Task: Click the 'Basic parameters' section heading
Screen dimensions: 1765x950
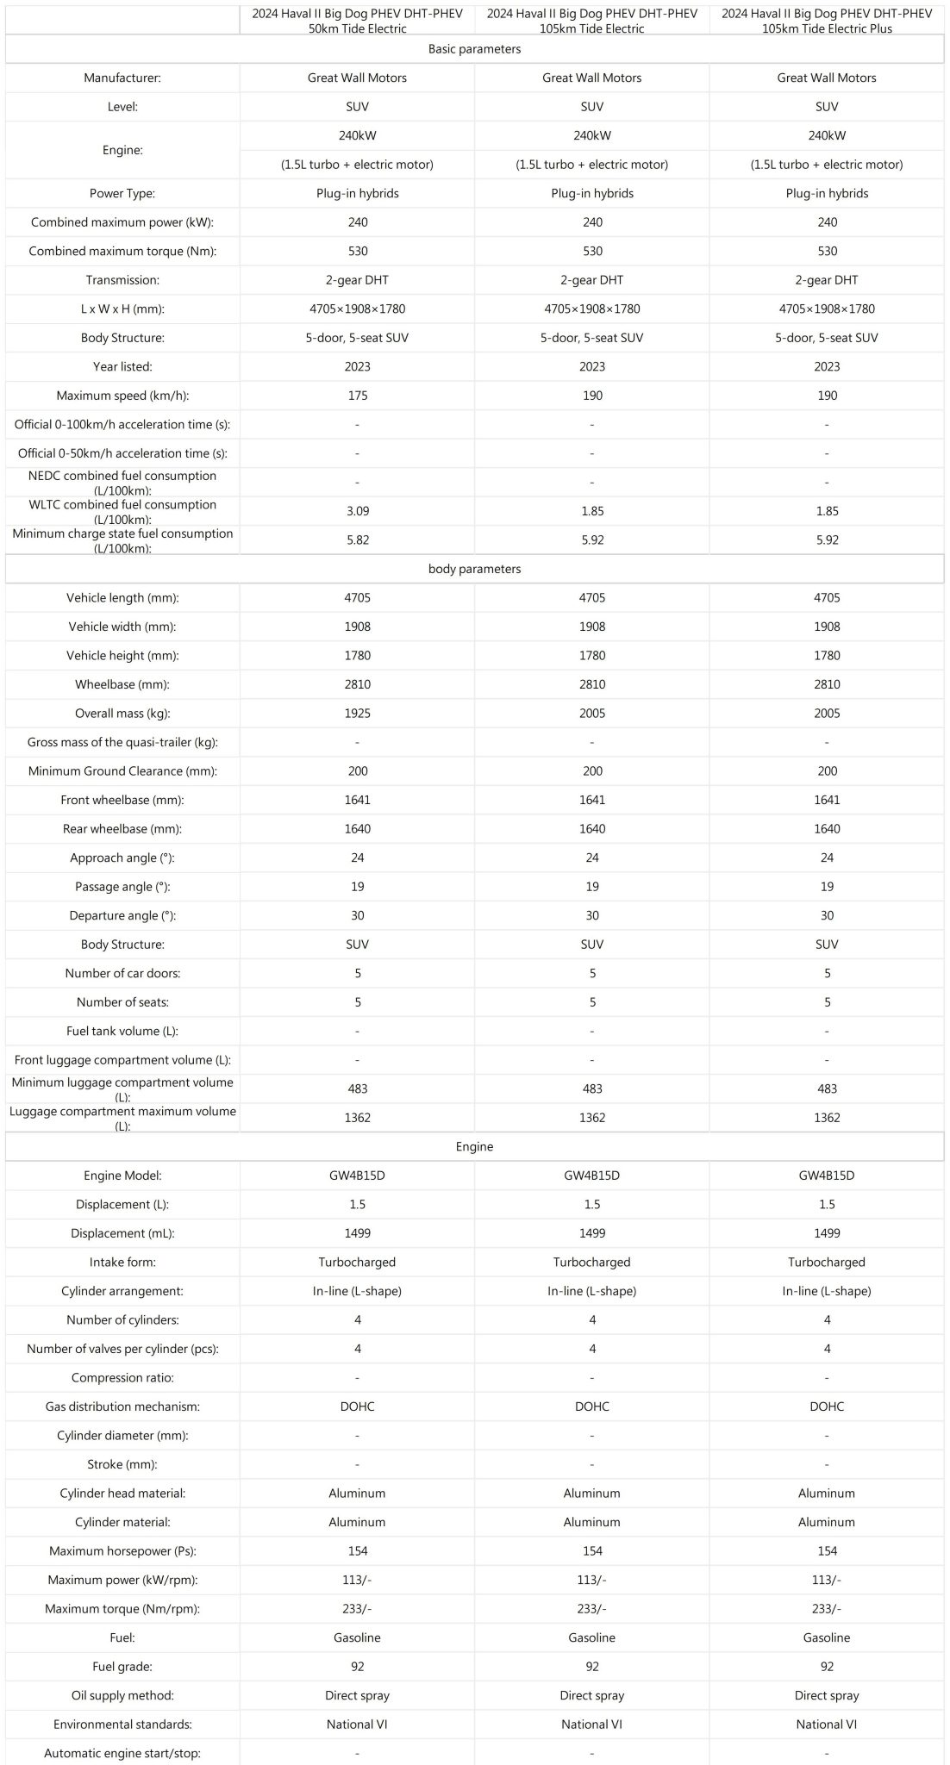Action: click(474, 49)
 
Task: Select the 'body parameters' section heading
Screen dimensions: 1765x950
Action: click(474, 569)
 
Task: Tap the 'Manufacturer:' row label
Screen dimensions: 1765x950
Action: click(122, 78)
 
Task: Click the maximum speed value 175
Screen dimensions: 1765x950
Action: click(358, 396)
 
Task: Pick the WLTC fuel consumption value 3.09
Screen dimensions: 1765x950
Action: click(358, 511)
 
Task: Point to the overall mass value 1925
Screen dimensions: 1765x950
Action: click(358, 714)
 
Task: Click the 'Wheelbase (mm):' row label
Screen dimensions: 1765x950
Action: click(122, 684)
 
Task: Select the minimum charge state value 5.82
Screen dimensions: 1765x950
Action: click(358, 540)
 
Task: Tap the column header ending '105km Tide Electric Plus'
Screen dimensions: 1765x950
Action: click(827, 21)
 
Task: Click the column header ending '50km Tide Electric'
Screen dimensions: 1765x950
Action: click(358, 21)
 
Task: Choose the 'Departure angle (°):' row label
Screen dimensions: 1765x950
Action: click(122, 915)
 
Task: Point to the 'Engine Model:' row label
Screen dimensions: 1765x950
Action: click(122, 1176)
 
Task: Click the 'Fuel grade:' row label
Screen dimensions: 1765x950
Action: click(122, 1667)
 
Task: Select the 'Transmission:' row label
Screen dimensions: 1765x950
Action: click(122, 280)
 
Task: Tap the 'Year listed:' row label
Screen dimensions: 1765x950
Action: click(122, 366)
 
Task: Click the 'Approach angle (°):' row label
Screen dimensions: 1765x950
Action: click(122, 858)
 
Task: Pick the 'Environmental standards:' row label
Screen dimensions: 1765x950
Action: click(122, 1724)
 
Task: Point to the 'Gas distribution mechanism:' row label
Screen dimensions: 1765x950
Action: click(122, 1406)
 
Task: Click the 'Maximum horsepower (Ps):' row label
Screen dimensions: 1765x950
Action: click(122, 1551)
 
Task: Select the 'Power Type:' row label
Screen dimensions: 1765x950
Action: click(122, 193)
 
